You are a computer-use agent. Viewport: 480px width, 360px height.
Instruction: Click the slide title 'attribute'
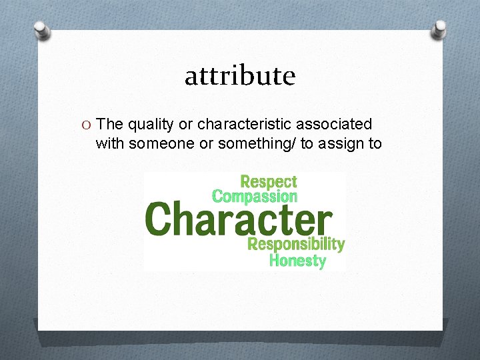240,76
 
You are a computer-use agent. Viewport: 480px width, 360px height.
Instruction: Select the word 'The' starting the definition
109,124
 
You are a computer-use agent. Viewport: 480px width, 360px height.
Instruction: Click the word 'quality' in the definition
149,125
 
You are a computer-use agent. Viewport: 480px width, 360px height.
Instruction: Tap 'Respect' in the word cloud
269,181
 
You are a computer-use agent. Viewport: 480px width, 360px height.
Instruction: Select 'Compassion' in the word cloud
254,197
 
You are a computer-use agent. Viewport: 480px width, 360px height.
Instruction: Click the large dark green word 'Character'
239,219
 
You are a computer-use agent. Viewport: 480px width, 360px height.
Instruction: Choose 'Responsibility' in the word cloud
296,244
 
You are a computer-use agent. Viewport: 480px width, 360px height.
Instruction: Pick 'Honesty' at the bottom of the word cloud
297,261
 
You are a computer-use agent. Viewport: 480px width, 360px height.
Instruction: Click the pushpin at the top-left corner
41,30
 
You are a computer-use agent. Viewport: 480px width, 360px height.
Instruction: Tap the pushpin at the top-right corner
440,28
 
